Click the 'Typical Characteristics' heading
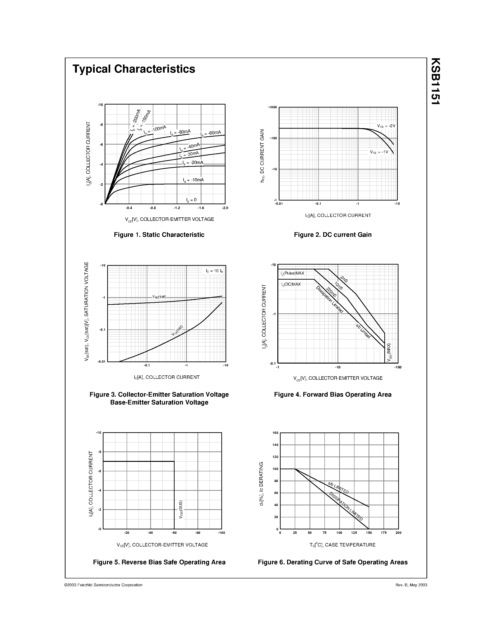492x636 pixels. pyautogui.click(x=134, y=69)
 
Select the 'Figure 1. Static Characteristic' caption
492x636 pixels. pyautogui.click(x=159, y=235)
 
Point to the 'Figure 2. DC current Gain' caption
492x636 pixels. pyautogui.click(x=332, y=235)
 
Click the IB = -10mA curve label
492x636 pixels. pyautogui.click(x=193, y=180)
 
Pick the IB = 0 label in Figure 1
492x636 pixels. pyautogui.click(x=191, y=200)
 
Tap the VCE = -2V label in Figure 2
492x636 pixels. pyautogui.click(x=386, y=126)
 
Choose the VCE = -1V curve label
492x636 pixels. pyautogui.click(x=379, y=152)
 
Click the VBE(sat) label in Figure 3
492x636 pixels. pyautogui.click(x=159, y=297)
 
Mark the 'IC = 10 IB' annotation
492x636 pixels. pyautogui.click(x=214, y=271)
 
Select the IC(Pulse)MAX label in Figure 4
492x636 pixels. pyautogui.click(x=292, y=273)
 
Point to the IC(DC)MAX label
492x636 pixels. pyautogui.click(x=291, y=284)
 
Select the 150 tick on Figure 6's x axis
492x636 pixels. pyautogui.click(x=369, y=533)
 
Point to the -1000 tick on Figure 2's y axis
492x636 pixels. pyautogui.click(x=272, y=108)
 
